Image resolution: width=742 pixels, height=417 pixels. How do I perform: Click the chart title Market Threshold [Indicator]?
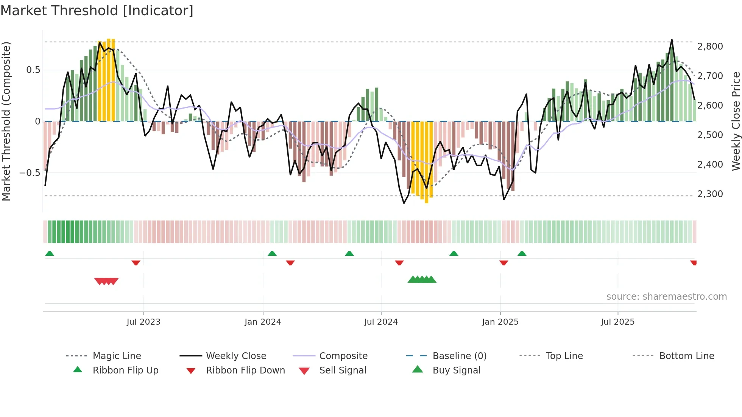point(97,11)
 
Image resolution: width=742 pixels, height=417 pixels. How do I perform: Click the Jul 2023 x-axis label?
point(143,322)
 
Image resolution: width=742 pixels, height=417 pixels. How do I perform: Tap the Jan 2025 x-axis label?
point(500,322)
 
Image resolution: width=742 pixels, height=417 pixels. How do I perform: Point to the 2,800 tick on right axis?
point(710,47)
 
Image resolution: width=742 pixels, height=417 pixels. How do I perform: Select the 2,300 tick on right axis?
point(710,194)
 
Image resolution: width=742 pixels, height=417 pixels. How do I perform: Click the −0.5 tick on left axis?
point(30,173)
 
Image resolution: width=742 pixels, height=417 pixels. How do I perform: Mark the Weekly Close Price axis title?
point(736,121)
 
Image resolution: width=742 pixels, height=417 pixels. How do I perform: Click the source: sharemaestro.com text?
point(666,297)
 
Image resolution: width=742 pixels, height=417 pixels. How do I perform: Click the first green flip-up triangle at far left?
point(50,254)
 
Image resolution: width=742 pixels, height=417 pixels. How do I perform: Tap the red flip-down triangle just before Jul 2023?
point(136,263)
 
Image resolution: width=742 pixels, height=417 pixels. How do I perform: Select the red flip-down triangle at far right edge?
point(694,263)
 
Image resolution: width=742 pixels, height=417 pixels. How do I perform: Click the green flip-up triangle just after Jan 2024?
point(272,254)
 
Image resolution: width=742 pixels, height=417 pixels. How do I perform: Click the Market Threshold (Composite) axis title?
point(6,121)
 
